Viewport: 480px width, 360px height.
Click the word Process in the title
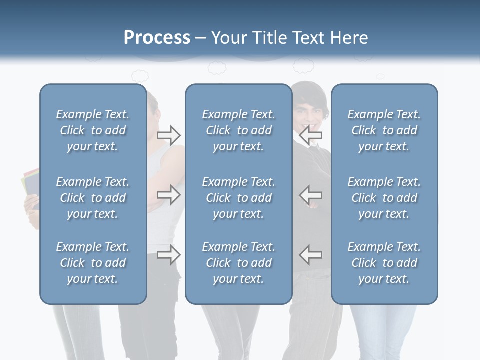click(157, 38)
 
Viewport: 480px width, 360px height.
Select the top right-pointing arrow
click(169, 135)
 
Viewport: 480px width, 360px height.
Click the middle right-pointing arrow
click(169, 195)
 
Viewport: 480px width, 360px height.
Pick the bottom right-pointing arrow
click(169, 255)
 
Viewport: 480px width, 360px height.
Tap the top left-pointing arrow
click(311, 135)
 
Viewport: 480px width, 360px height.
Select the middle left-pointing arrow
click(311, 195)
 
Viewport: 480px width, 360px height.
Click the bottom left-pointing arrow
click(311, 254)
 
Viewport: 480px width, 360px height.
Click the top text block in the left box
click(93, 130)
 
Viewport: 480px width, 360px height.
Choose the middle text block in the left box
click(93, 198)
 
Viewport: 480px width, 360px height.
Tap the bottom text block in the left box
click(93, 263)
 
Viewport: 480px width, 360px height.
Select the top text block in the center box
click(238, 130)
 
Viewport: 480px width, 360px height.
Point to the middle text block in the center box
click(238, 198)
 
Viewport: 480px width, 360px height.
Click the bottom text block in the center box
click(238, 263)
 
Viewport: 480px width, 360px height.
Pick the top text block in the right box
click(384, 130)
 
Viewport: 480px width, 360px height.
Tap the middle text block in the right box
click(384, 198)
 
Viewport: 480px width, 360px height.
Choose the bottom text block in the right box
click(384, 263)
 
